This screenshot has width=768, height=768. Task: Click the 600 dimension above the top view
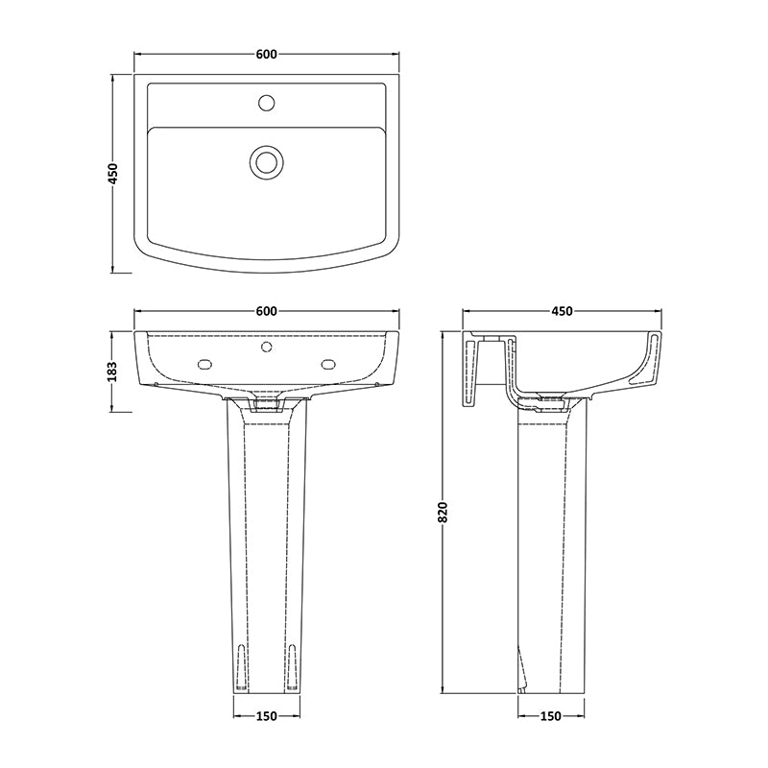pos(267,55)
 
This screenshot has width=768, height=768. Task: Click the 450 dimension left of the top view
pos(113,174)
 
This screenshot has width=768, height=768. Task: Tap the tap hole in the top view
pos(267,103)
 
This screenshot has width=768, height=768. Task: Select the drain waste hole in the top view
pos(266,161)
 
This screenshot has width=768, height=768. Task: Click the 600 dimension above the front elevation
pos(267,311)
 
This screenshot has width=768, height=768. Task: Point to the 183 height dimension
pos(113,372)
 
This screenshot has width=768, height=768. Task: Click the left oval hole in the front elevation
pos(204,364)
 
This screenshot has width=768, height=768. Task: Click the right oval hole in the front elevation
pos(328,364)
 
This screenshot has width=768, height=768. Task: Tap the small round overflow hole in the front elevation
pos(267,347)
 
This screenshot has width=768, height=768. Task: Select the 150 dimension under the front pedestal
pos(267,715)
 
